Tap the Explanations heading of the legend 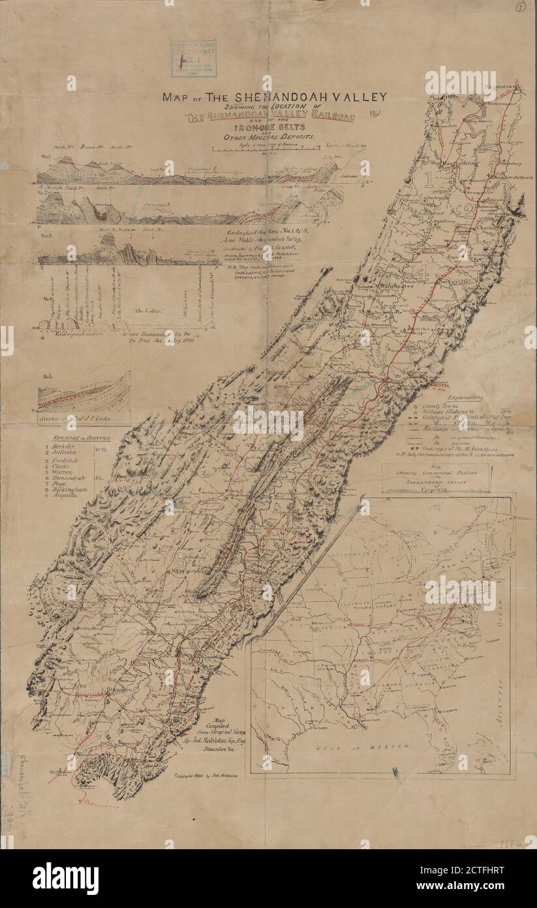click(x=461, y=396)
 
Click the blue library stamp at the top click(x=193, y=58)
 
